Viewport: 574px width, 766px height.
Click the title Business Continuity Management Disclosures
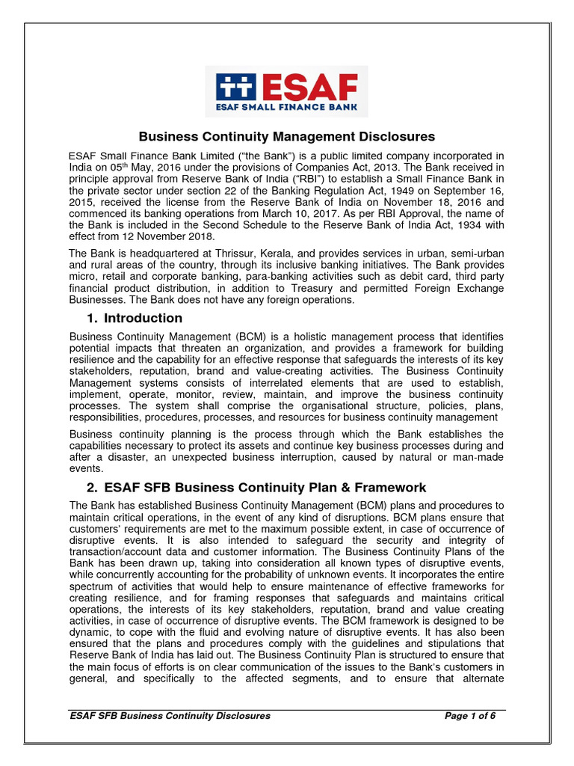point(287,136)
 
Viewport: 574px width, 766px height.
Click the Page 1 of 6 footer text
point(470,716)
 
